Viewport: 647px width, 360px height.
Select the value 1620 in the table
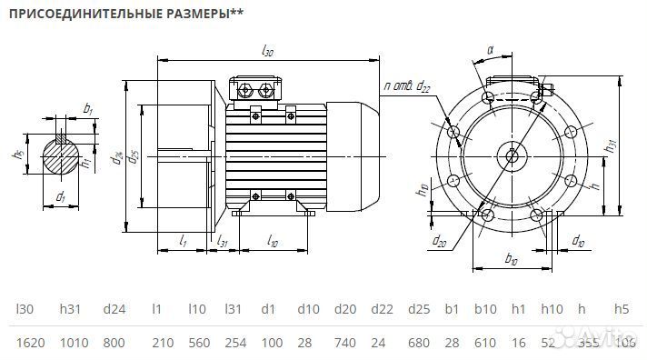coord(30,342)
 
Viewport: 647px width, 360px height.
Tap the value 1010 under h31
coord(74,342)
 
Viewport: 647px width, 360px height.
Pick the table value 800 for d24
coord(114,342)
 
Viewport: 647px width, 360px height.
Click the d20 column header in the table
coord(344,309)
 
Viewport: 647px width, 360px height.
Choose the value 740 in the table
coord(344,342)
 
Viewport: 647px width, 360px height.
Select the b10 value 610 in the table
coord(485,342)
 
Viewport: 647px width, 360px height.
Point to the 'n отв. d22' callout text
coord(407,86)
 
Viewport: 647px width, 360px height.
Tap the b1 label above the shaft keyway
coord(87,109)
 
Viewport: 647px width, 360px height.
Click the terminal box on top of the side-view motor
coord(257,90)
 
